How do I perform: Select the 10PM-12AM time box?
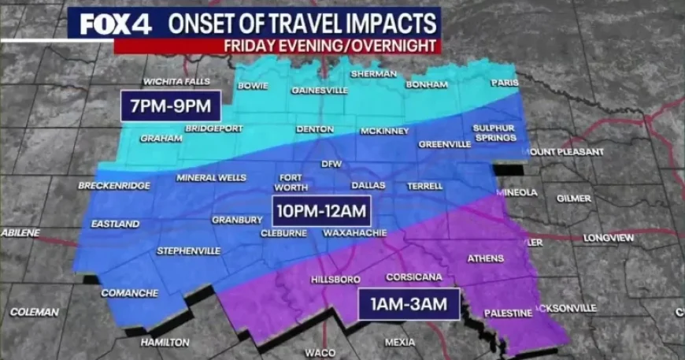click(322, 210)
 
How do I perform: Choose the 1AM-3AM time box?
click(409, 302)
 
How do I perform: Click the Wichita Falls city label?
click(176, 82)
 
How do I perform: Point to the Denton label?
click(314, 129)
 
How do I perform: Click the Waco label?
click(320, 352)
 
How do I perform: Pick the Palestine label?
click(508, 313)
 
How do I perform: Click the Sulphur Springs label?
click(494, 132)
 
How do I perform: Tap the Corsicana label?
click(408, 277)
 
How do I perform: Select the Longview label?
click(609, 237)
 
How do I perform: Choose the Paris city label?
click(505, 83)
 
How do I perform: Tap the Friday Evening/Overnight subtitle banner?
click(331, 46)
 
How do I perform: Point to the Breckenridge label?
click(113, 186)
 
